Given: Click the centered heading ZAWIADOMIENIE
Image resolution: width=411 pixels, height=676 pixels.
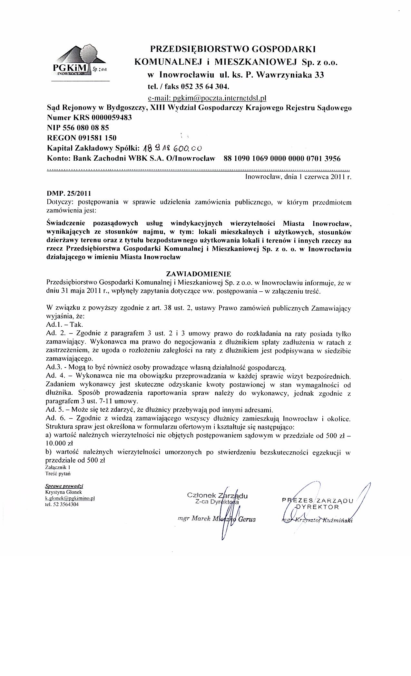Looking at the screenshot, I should click(x=198, y=274).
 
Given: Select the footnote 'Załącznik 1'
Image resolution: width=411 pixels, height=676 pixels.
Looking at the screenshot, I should click(x=58, y=467).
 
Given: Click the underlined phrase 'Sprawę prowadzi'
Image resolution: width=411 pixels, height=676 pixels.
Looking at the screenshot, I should click(x=64, y=486).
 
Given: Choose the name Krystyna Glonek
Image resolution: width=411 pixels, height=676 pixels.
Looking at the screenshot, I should click(x=64, y=492).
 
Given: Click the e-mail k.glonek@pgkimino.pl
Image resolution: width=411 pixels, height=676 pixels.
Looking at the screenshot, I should click(x=70, y=498).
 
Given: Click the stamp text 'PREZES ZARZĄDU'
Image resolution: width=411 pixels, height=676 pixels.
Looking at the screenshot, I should click(x=318, y=501).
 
